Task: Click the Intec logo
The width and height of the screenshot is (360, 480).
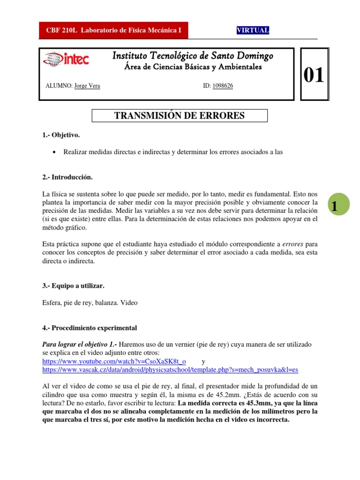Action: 65,59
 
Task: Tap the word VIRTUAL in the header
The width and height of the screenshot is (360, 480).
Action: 253,30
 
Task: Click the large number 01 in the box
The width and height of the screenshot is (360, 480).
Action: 314,75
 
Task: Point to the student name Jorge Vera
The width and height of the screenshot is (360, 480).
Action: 87,86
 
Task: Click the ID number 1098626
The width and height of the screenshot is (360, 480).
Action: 223,86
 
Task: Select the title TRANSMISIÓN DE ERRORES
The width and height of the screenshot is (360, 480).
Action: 179,116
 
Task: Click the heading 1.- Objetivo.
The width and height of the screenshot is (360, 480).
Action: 61,135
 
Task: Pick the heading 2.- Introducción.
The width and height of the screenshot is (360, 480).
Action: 67,177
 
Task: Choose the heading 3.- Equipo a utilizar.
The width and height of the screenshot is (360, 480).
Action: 73,285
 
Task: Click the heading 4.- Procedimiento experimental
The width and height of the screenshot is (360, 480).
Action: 90,327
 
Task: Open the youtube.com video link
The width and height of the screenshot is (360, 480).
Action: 114,361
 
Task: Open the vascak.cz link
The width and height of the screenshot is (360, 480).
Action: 170,370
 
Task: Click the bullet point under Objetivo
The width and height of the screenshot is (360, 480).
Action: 56,152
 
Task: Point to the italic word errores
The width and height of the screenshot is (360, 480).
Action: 292,244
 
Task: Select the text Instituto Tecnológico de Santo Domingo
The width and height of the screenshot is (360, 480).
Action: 193,56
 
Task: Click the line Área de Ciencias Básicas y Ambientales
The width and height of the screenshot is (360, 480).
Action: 193,67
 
